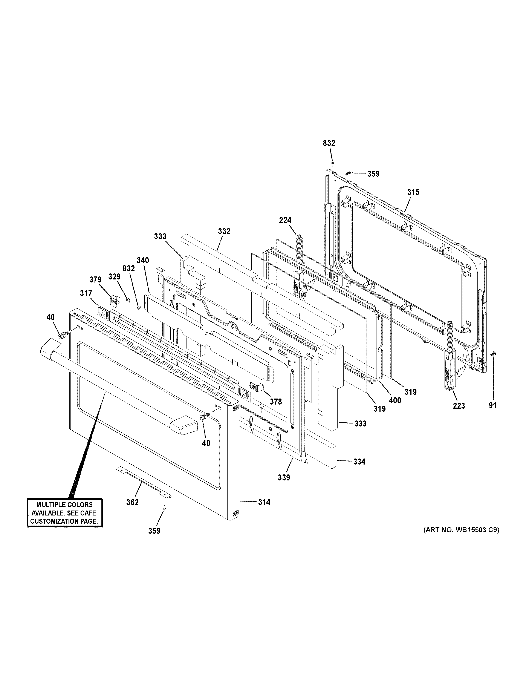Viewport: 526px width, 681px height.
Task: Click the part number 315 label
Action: [413, 192]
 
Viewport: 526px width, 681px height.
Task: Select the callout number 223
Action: [459, 406]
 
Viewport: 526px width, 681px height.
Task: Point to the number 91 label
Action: [492, 405]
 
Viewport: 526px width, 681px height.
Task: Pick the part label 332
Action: [224, 231]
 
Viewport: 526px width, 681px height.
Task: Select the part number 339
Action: [284, 486]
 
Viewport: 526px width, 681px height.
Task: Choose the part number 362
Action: [132, 502]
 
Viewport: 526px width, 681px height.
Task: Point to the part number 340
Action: [143, 260]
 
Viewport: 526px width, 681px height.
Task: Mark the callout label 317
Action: [86, 293]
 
